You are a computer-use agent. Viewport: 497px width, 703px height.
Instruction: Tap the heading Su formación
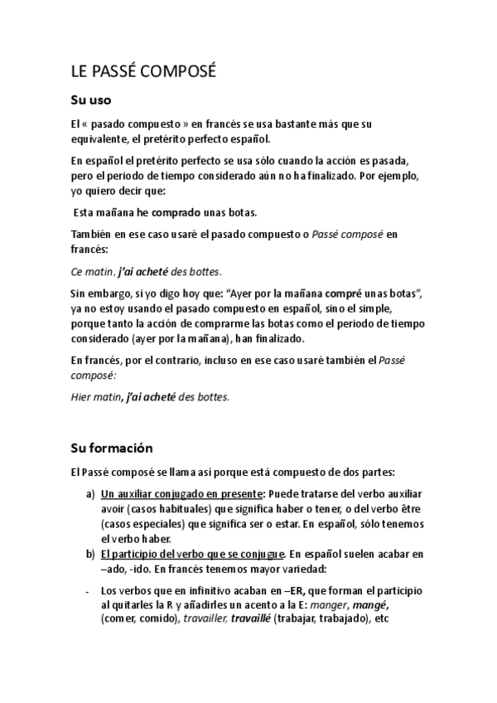coord(111,448)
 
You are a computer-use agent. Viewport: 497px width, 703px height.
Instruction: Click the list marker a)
coord(90,493)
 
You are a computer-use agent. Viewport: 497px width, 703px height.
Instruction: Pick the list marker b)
coord(90,553)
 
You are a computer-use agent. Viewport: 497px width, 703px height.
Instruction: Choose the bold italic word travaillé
coord(250,618)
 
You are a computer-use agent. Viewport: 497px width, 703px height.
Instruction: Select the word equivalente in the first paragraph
coord(102,138)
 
